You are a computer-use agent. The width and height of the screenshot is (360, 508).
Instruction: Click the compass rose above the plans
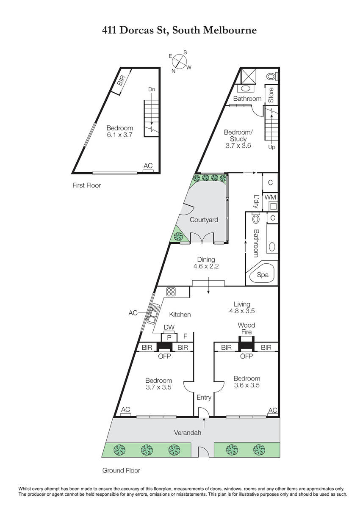[180, 61]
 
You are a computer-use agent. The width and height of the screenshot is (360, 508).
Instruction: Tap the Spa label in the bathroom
[263, 275]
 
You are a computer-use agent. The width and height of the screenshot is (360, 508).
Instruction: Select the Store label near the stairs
[271, 95]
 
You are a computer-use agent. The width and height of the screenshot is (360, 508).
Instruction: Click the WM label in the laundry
[270, 197]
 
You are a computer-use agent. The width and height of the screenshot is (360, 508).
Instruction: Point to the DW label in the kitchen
[169, 327]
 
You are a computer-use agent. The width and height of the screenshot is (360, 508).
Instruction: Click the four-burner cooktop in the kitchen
[171, 292]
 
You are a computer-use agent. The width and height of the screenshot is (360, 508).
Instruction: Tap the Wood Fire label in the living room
[246, 329]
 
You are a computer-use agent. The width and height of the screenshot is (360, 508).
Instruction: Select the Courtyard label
[204, 220]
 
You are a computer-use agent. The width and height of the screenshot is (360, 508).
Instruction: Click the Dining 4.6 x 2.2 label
[206, 262]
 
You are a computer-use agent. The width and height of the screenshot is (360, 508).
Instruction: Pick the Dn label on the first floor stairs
[152, 89]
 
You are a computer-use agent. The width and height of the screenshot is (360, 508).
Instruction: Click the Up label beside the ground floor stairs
[271, 147]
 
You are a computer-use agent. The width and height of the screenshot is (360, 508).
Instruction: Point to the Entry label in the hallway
[204, 398]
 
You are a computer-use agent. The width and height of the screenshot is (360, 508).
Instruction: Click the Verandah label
[188, 433]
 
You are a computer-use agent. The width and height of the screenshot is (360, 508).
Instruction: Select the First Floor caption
[87, 185]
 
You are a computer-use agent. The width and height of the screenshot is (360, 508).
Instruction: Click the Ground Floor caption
[121, 470]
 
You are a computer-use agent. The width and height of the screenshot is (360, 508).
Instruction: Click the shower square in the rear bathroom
[248, 77]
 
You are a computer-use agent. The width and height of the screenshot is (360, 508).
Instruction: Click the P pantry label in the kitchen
[169, 338]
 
